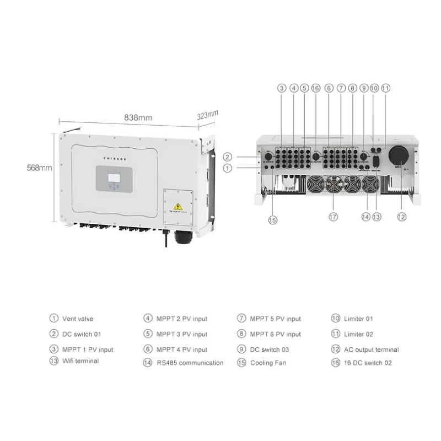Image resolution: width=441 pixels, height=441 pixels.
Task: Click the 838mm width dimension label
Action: click(x=138, y=117)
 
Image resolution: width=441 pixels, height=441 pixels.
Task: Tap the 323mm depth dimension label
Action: click(x=207, y=115)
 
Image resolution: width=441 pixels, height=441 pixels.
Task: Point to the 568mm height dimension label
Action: click(x=39, y=168)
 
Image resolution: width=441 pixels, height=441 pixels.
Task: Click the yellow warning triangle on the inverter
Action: click(x=178, y=206)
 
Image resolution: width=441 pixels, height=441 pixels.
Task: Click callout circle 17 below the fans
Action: click(x=332, y=217)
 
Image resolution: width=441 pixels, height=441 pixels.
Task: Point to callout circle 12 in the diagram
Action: click(x=401, y=217)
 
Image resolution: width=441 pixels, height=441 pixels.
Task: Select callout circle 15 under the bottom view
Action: click(x=272, y=220)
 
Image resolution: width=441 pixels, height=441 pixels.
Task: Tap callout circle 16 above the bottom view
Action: click(x=315, y=88)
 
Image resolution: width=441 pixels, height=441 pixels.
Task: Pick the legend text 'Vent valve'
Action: click(x=78, y=319)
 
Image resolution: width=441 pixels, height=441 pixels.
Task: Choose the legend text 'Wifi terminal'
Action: click(x=80, y=361)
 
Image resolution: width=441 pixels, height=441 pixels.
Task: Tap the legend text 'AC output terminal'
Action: click(x=373, y=349)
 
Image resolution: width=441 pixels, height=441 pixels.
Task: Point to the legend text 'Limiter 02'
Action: click(x=359, y=334)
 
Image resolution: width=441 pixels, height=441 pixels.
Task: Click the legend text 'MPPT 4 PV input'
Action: click(x=182, y=349)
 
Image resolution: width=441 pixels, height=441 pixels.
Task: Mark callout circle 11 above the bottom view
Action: click(x=385, y=88)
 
